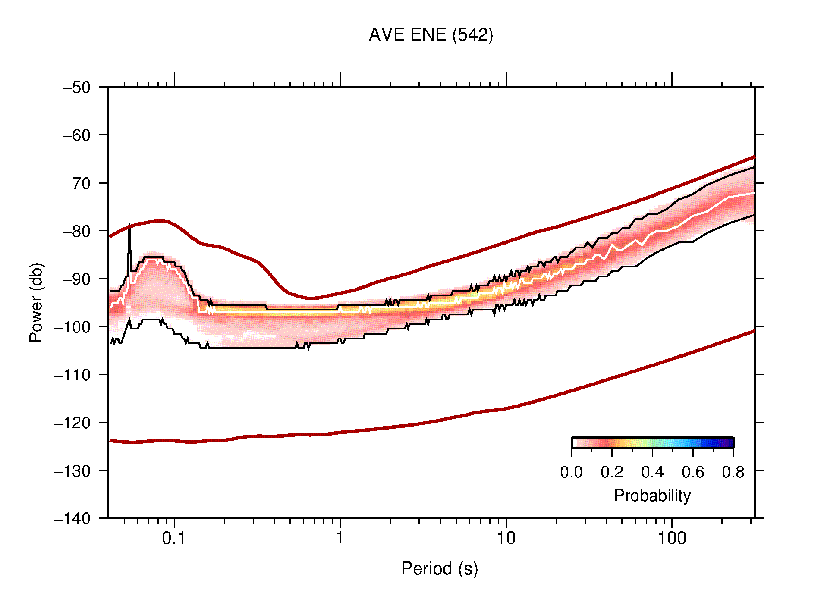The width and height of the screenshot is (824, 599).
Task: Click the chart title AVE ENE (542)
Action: pos(431,35)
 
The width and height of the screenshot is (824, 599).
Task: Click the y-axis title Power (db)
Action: pos(36,302)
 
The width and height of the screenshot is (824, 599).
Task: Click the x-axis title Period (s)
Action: pos(439,569)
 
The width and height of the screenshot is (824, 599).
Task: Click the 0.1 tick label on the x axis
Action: pos(174,538)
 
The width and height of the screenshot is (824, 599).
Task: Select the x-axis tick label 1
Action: pos(340,538)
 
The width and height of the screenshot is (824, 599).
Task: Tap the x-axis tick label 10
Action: pos(506,538)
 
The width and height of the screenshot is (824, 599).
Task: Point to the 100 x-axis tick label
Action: pos(671,538)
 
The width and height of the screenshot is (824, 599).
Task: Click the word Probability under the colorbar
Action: pos(652,496)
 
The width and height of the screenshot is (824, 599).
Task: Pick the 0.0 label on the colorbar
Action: pos(571,472)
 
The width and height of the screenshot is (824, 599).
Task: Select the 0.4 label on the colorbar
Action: pos(652,472)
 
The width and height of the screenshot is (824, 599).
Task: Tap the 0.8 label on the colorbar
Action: pos(733,472)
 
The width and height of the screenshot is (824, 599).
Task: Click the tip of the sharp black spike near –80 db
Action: pos(129,225)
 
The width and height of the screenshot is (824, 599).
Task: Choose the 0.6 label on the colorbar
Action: pos(693,472)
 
